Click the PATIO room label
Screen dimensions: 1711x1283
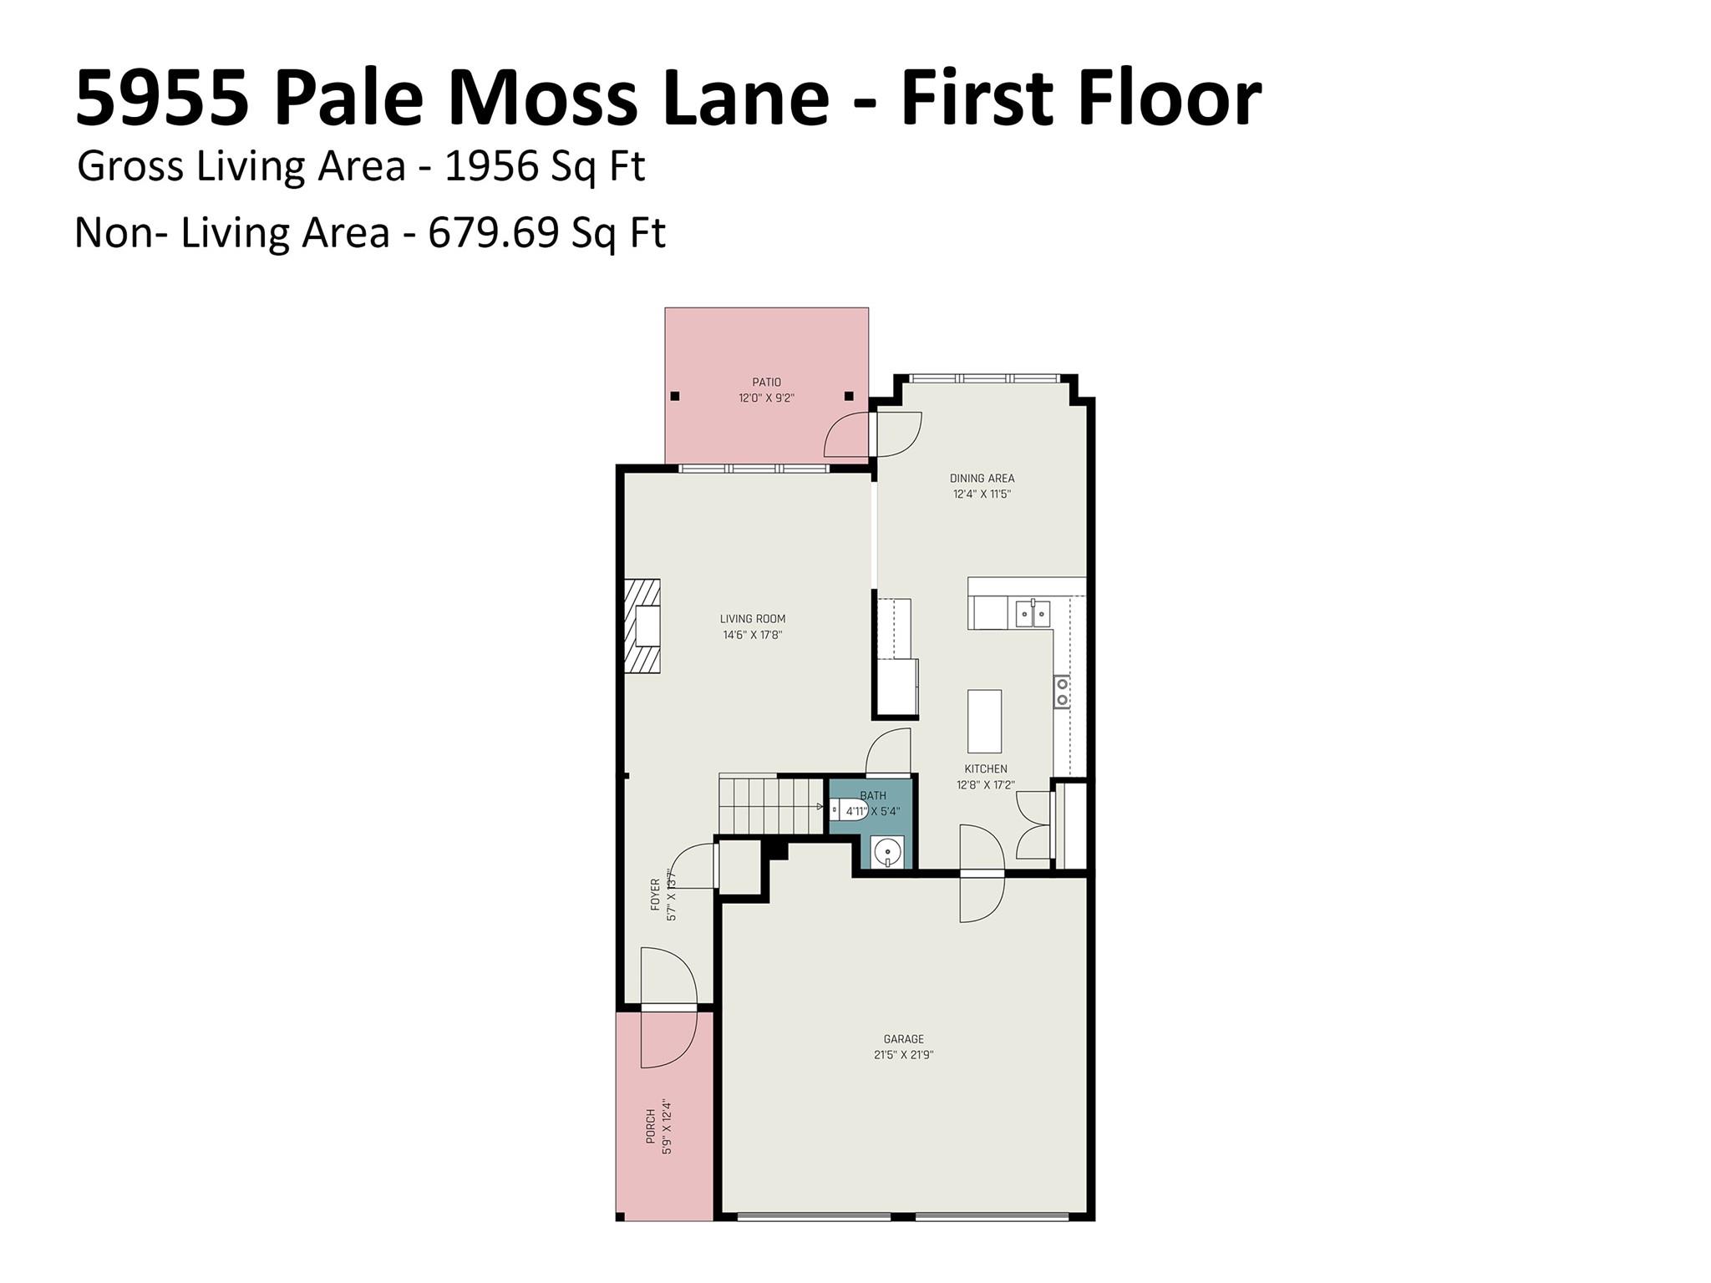766,383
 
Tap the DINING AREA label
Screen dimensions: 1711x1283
982,479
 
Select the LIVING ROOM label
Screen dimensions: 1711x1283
753,619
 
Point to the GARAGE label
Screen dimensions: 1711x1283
904,1039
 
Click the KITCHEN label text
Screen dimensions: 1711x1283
986,768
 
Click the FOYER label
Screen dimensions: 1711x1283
655,894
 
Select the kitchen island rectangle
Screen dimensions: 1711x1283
984,722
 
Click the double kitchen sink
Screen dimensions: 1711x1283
1033,613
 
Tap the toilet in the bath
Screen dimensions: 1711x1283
847,809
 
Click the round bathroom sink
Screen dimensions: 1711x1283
886,853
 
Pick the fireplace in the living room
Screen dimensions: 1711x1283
642,626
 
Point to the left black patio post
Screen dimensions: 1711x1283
675,396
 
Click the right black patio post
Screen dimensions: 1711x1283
849,396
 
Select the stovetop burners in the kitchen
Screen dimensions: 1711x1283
1062,692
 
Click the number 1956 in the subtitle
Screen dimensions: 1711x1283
491,166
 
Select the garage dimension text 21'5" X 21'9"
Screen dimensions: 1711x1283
904,1055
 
